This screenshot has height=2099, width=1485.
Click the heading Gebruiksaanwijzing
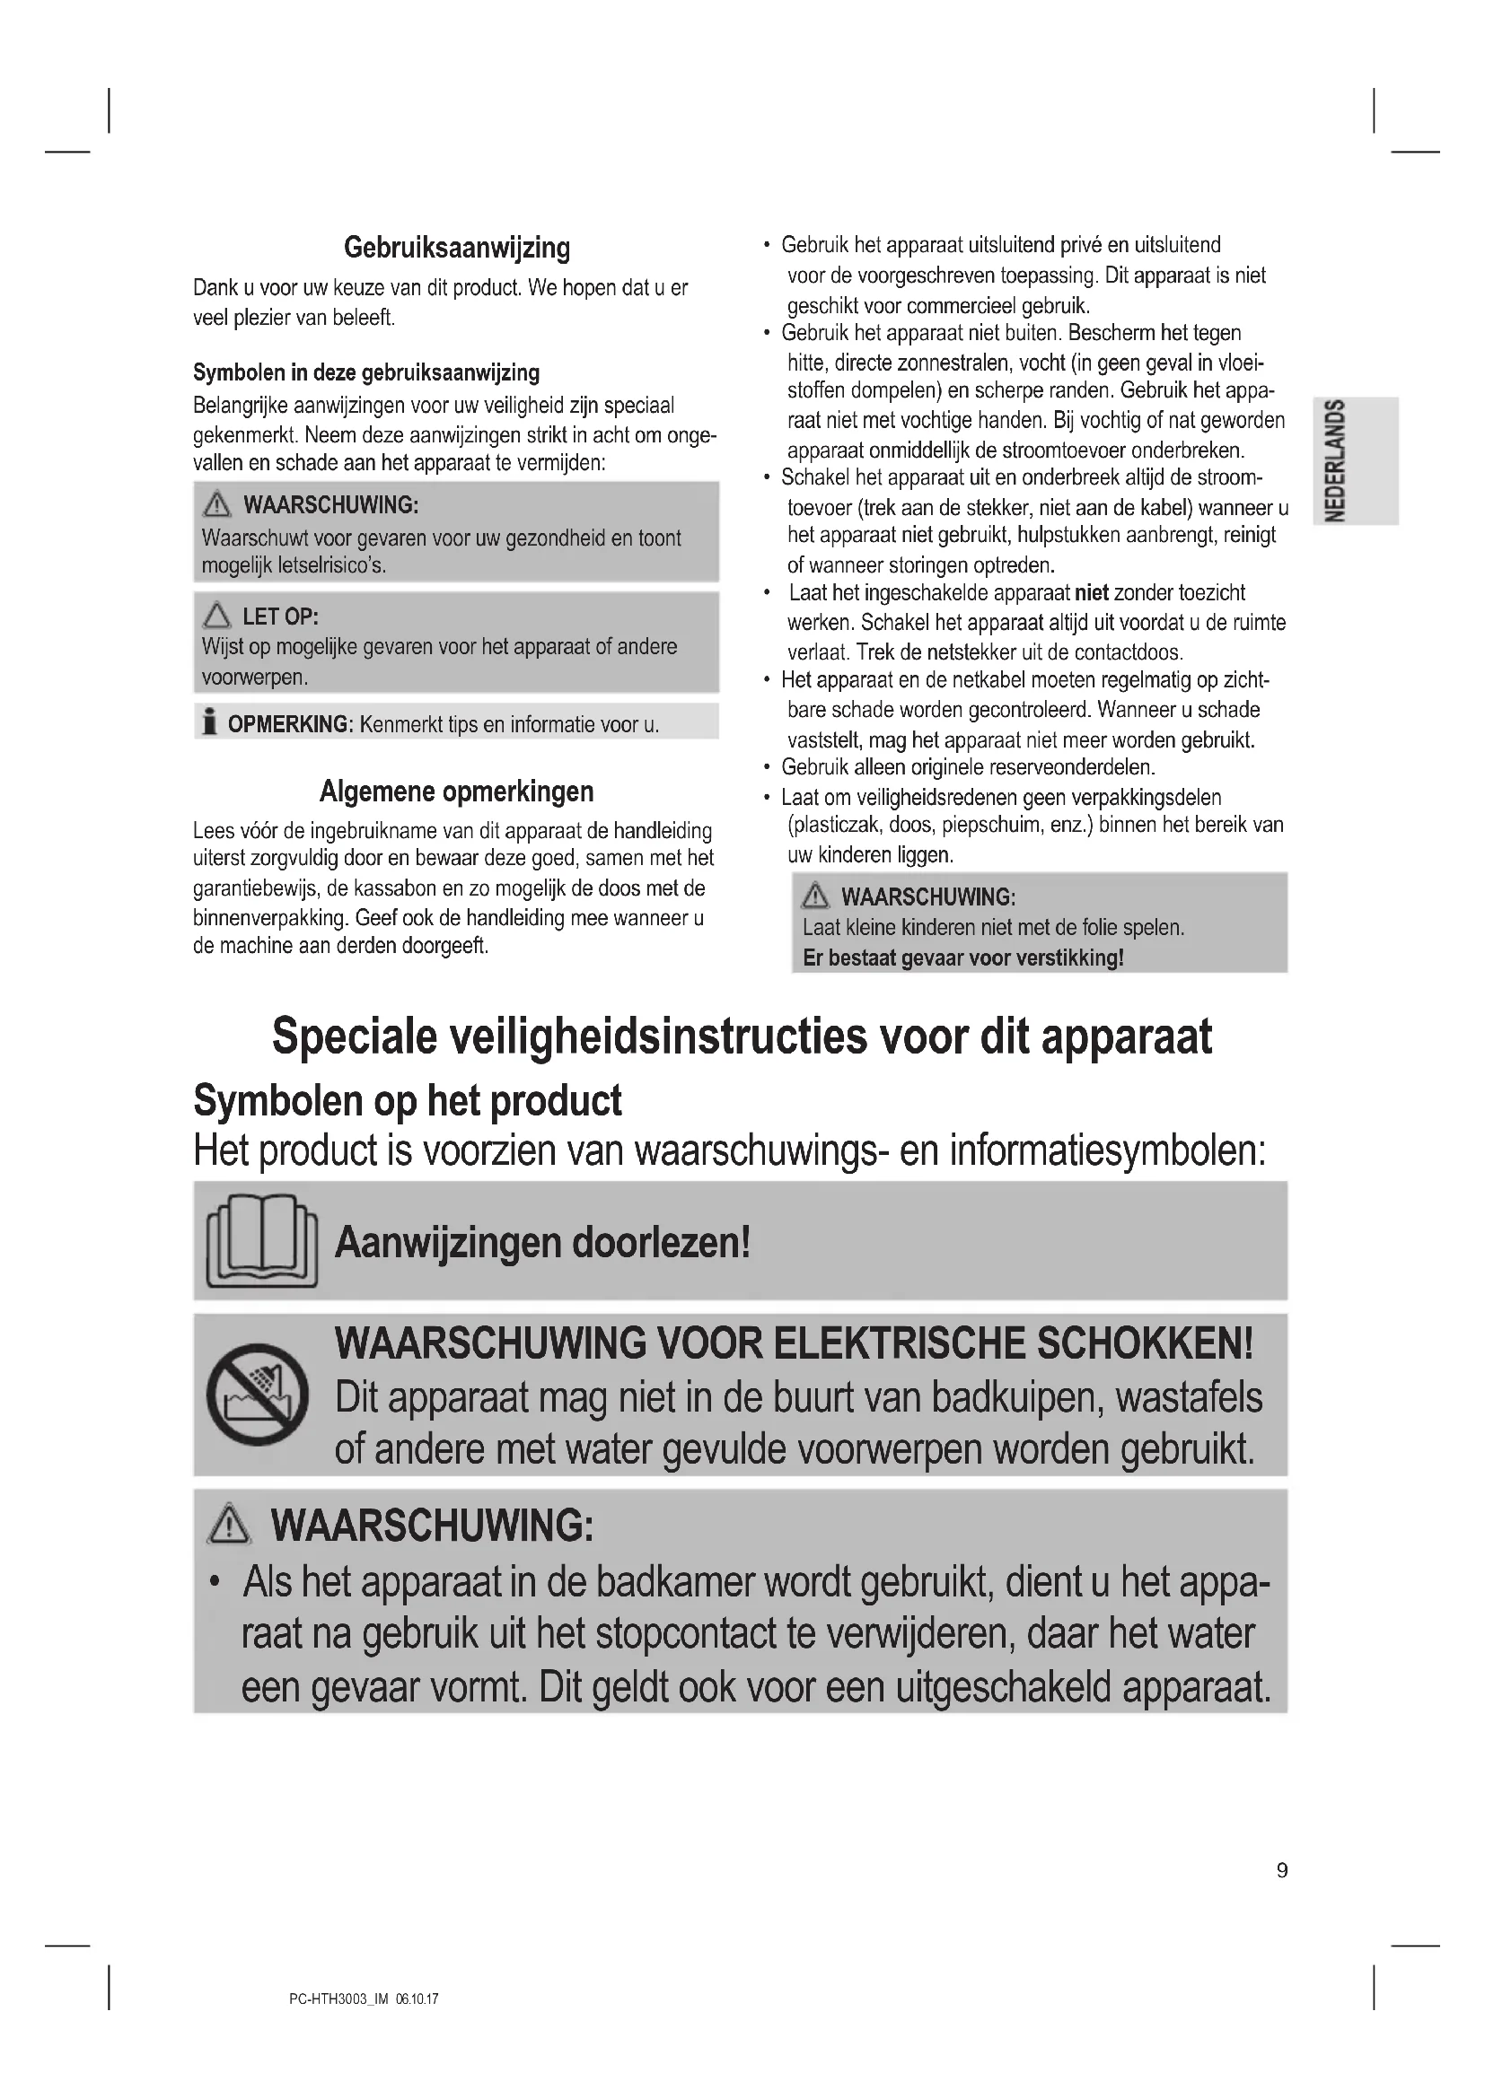point(456,248)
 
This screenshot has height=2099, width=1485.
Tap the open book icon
point(261,1240)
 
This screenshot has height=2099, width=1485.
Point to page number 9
point(1281,1870)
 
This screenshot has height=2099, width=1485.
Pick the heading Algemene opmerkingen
point(456,791)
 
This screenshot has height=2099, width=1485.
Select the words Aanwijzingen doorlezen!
point(542,1242)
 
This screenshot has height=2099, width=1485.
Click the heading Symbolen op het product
point(407,1100)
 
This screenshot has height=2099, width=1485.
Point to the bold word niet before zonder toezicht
point(1091,593)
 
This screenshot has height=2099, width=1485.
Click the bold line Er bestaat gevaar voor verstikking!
point(962,958)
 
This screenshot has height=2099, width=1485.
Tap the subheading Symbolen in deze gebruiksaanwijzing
point(365,373)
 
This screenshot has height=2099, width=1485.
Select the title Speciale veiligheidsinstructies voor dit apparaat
point(742,1036)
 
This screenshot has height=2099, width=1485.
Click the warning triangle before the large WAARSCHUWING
point(229,1526)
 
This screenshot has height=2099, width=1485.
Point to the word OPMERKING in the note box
point(287,725)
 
